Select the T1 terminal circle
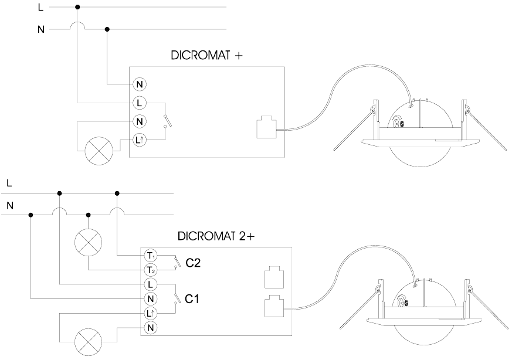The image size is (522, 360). tap(150, 256)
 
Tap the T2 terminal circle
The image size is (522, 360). tap(150, 270)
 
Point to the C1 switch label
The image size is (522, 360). tap(193, 299)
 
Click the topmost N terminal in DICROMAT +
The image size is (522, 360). tap(140, 84)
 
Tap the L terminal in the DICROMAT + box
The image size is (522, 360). tap(140, 103)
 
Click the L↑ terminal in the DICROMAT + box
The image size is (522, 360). tap(140, 140)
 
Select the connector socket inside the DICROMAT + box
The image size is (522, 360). tap(267, 127)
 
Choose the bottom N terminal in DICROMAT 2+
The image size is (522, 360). tap(150, 327)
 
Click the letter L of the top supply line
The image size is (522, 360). tap(40, 8)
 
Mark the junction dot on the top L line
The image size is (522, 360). tap(78, 7)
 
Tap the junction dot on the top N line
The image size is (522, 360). tap(107, 29)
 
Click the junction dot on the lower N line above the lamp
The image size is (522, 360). tap(88, 215)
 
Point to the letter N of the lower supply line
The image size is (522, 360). tap(9, 205)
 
